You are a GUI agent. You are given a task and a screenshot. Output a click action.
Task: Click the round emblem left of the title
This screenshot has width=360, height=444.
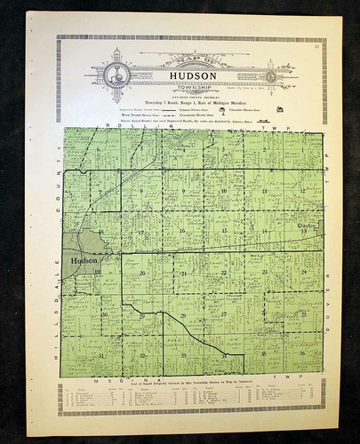114,75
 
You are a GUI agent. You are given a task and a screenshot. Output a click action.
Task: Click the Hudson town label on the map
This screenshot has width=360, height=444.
79,260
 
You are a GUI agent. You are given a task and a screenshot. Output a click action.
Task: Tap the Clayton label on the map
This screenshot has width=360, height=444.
308,227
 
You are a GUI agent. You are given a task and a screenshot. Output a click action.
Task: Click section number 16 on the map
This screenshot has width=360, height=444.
182,231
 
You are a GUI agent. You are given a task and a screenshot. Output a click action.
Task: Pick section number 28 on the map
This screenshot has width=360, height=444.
183,314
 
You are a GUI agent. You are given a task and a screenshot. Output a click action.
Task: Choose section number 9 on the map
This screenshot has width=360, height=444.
182,190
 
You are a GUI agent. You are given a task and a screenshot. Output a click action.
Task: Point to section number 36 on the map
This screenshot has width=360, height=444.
303,353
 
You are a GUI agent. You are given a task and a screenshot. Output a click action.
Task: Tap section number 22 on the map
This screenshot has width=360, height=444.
224,272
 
